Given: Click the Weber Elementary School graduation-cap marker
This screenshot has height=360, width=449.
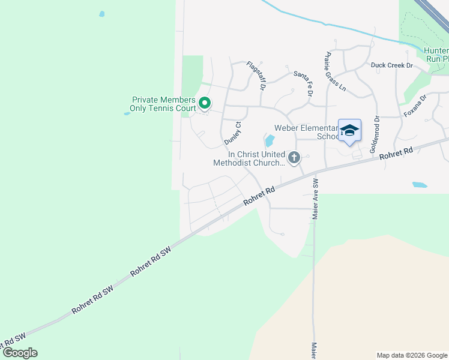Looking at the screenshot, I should [x=349, y=131].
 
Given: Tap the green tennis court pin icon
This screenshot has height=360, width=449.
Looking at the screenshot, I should [x=204, y=104].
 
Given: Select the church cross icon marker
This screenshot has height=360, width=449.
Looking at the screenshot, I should [x=294, y=158].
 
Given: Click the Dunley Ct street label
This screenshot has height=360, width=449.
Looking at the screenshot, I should [x=232, y=133].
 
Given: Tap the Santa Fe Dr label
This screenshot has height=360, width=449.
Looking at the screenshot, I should [x=304, y=83].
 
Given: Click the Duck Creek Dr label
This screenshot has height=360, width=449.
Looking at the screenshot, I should [x=392, y=65].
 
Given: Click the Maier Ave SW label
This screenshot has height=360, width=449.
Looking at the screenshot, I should [x=314, y=199].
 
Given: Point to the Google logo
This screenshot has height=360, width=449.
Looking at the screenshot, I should [x=20, y=353].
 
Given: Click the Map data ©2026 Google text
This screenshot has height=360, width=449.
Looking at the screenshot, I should [x=411, y=355].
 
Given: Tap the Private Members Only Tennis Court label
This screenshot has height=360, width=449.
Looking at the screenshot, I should [x=163, y=104].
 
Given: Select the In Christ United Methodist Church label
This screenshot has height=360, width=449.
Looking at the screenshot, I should [x=249, y=158].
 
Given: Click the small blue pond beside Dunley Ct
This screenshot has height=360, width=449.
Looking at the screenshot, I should [x=270, y=141].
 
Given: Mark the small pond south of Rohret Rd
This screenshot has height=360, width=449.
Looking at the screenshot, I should [x=420, y=185].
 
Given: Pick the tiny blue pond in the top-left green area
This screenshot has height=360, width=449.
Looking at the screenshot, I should [x=102, y=13].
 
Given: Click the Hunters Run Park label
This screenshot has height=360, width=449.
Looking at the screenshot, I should [x=435, y=55].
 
